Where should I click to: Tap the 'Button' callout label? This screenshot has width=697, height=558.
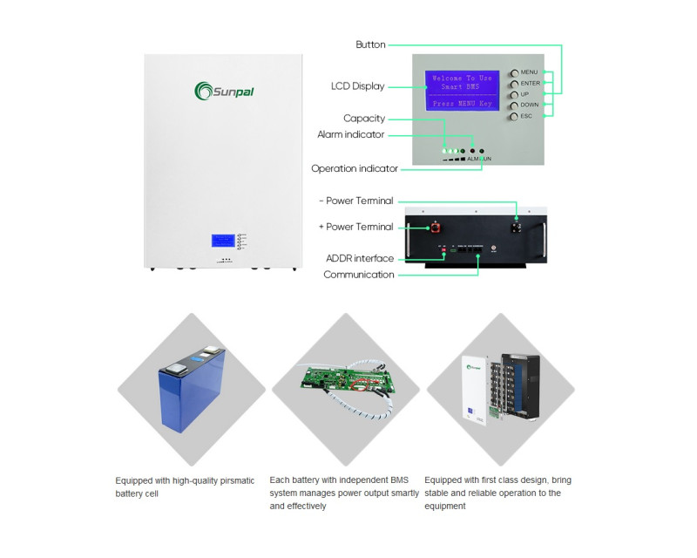(x=370, y=44)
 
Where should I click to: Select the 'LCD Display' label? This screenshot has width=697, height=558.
(x=357, y=86)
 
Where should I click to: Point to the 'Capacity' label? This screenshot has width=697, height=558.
(x=364, y=119)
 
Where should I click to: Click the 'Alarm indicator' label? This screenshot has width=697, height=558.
(x=350, y=134)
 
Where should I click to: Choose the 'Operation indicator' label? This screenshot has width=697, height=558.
(x=355, y=168)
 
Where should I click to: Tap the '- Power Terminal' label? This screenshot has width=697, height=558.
(x=356, y=201)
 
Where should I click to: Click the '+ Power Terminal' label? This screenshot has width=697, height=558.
(x=356, y=227)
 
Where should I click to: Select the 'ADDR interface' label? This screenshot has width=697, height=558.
(x=360, y=258)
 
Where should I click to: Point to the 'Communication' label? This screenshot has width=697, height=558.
(x=359, y=275)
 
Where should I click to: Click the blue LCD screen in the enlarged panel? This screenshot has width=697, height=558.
(x=462, y=91)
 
